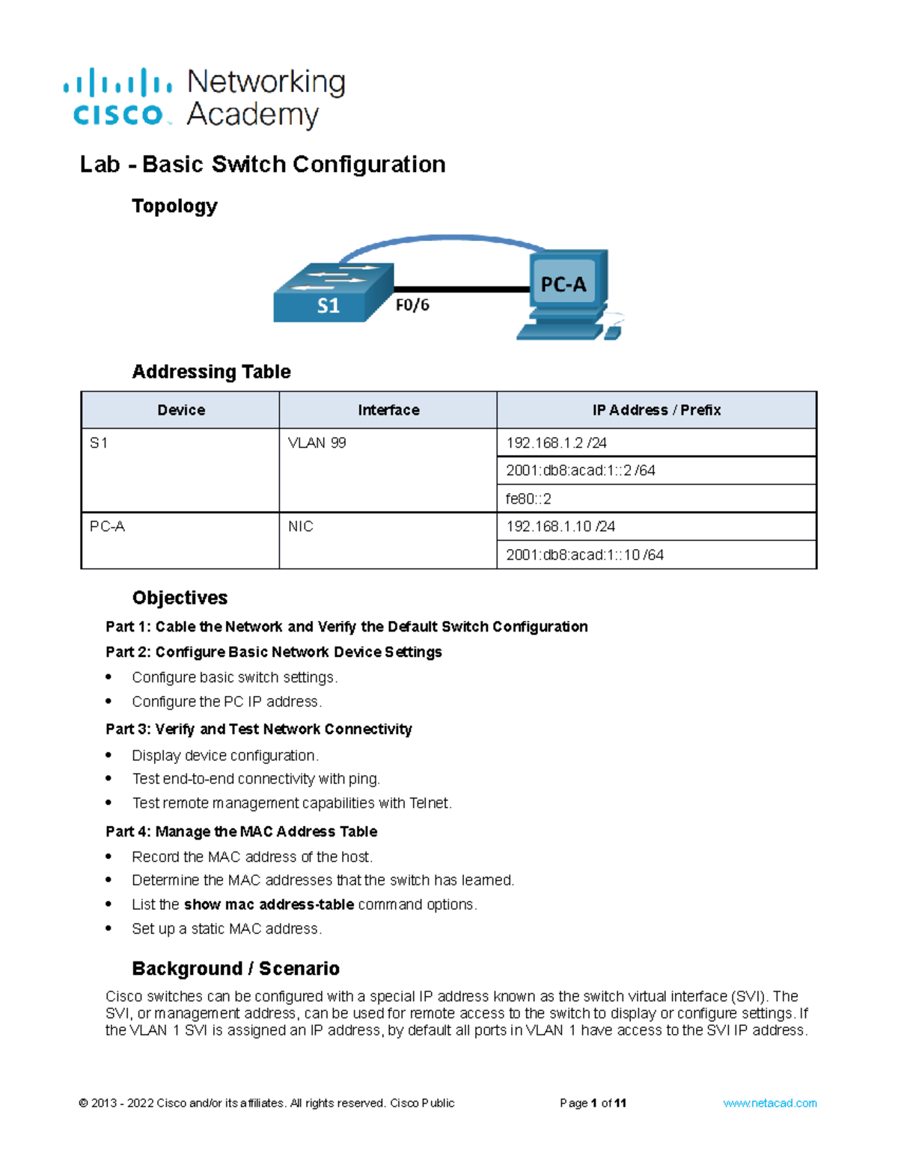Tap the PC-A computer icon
pos(569,294)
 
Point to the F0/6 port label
pos(412,305)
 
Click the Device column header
pos(180,410)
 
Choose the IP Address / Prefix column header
pos(656,410)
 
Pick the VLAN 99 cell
pos(317,443)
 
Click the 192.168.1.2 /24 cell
pos(556,443)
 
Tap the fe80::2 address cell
pos(528,499)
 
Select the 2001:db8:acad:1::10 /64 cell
pos(584,555)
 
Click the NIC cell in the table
pos(301,527)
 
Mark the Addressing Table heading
pos(211,372)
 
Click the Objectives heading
pos(180,598)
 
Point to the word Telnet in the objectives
pos(430,804)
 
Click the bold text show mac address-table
pos(269,905)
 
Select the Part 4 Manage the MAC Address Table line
pos(241,832)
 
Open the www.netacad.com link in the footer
pos(769,1103)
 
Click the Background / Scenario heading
pos(236,969)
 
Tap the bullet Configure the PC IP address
pos(227,702)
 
